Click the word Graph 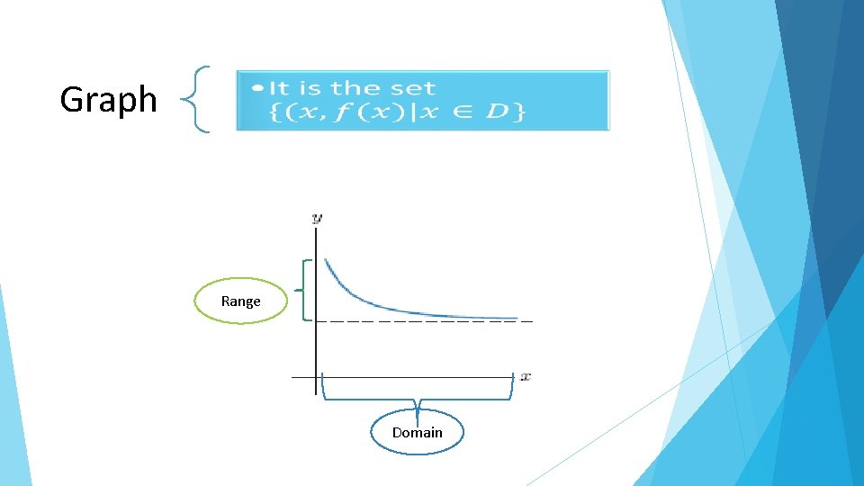click(x=108, y=99)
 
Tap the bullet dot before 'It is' click(x=258, y=88)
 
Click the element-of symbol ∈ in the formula click(x=466, y=113)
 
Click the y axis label click(x=317, y=218)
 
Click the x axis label click(x=526, y=376)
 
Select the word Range click(x=240, y=301)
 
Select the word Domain click(x=418, y=433)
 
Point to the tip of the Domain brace click(x=418, y=409)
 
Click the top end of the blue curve click(x=326, y=260)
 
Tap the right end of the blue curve click(x=517, y=318)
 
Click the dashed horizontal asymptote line click(x=423, y=321)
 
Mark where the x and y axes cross click(x=317, y=377)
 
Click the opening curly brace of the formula click(x=275, y=112)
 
